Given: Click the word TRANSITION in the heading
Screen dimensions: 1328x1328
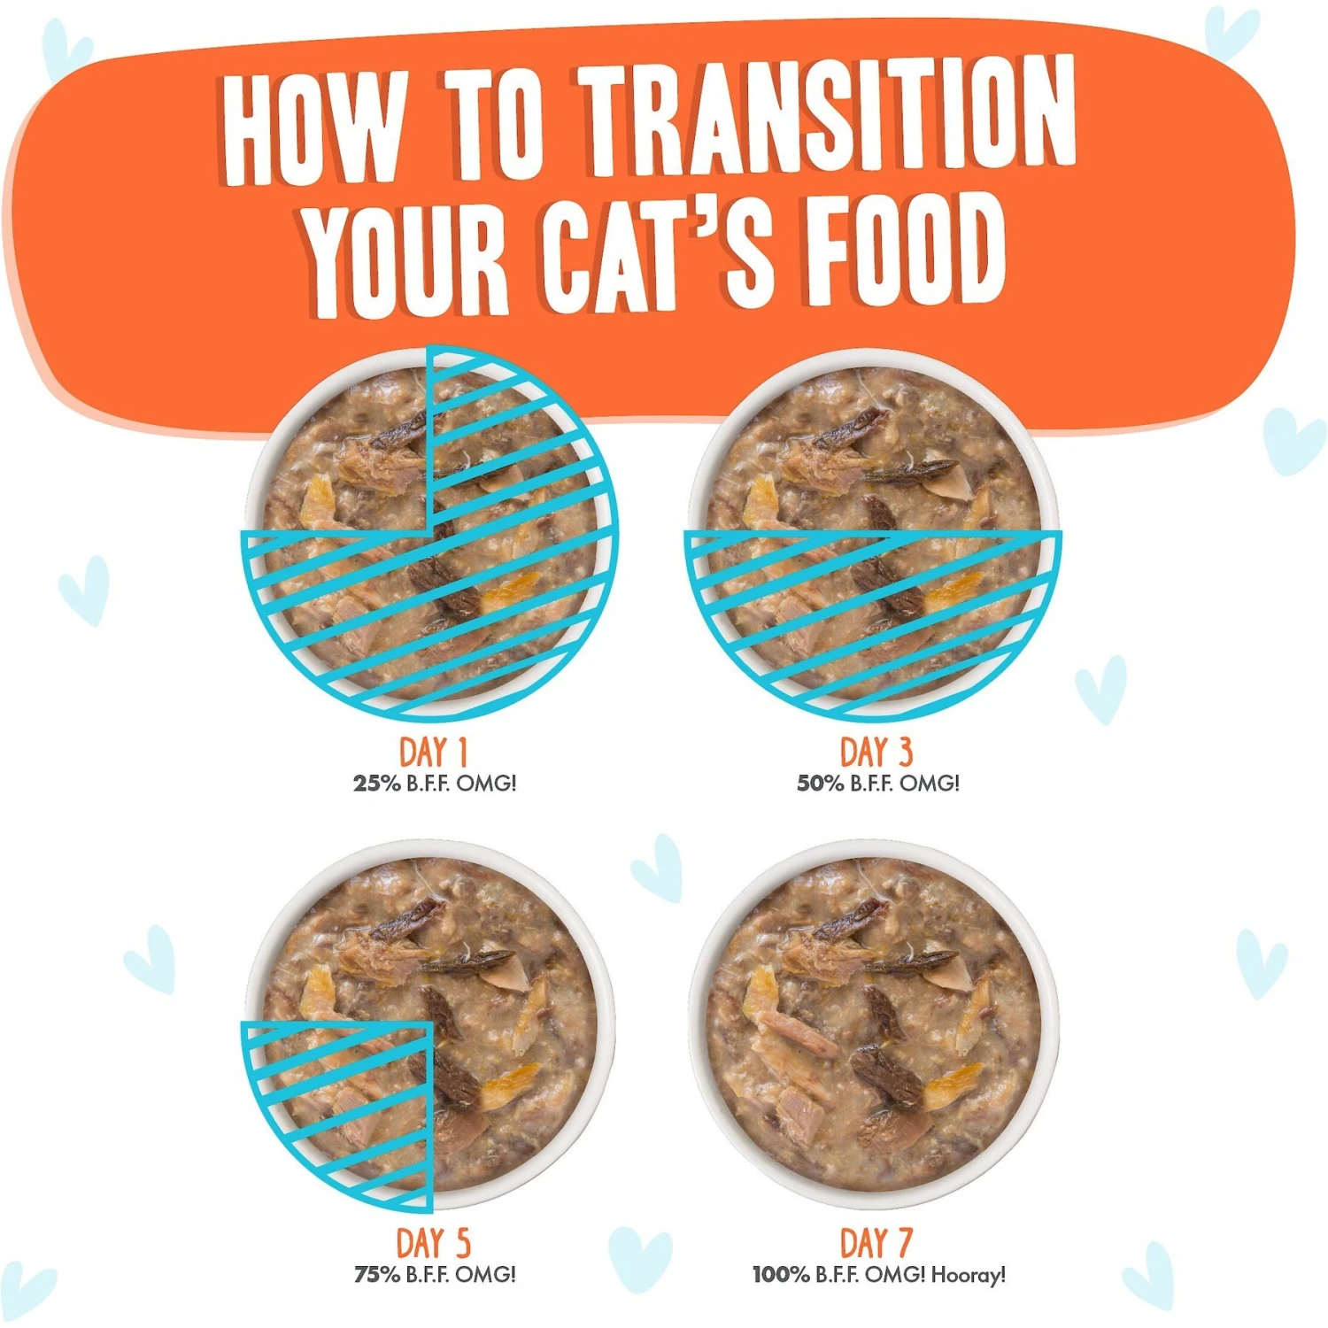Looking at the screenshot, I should pos(828,120).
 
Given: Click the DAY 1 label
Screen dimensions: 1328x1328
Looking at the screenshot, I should pos(433,753).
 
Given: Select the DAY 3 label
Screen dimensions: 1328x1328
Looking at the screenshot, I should pos(876,753).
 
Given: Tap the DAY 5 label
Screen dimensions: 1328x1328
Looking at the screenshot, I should pos(433,1243).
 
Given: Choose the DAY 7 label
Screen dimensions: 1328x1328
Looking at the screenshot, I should pos(876,1243).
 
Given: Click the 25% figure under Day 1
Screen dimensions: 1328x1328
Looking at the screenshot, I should pos(377,784).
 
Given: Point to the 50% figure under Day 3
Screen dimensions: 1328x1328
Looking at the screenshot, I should pos(821,784).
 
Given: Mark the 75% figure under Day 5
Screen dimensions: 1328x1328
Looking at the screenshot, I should pos(377,1275).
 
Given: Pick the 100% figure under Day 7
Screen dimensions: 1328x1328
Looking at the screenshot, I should pos(781,1275).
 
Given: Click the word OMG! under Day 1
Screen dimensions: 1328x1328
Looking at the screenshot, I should pos(486,784).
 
